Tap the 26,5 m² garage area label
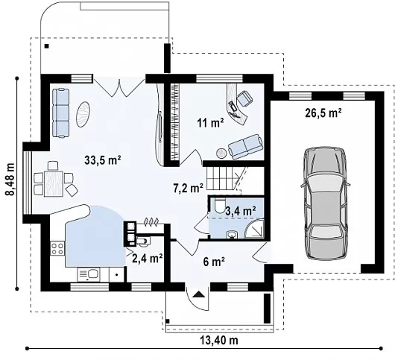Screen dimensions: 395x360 click(323, 113)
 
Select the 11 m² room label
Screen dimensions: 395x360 click(211, 123)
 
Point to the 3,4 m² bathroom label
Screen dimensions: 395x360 click(241, 211)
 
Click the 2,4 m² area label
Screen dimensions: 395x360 click(147, 258)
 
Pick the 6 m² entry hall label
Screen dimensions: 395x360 click(214, 262)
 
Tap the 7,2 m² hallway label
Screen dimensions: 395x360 click(188, 188)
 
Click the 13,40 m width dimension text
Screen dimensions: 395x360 click(219, 341)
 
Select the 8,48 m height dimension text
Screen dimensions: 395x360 click(10, 179)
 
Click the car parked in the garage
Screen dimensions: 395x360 click(325, 203)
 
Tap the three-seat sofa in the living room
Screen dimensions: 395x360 click(60, 113)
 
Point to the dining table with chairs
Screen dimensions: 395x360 click(54, 180)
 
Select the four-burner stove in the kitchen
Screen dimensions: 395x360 click(57, 248)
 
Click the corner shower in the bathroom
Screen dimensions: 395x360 click(254, 229)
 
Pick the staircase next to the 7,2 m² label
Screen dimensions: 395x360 click(223, 179)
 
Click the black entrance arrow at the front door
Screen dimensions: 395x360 click(199, 294)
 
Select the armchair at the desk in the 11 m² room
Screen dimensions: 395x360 click(244, 98)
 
